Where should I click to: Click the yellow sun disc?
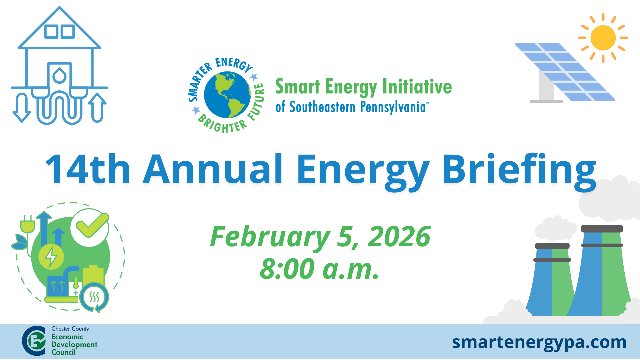coord(603,38)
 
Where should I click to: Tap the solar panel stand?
coord(546,88)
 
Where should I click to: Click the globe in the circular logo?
coord(227,95)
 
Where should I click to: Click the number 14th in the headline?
coord(88,169)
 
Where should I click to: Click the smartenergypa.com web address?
coord(539,342)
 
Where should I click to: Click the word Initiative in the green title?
coord(417,86)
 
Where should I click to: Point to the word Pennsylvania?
coord(393,107)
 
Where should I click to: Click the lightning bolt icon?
coord(51,257)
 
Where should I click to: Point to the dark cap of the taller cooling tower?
coord(602,229)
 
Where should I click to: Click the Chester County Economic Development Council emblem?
coord(34,341)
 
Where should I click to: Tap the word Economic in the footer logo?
coord(67,337)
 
